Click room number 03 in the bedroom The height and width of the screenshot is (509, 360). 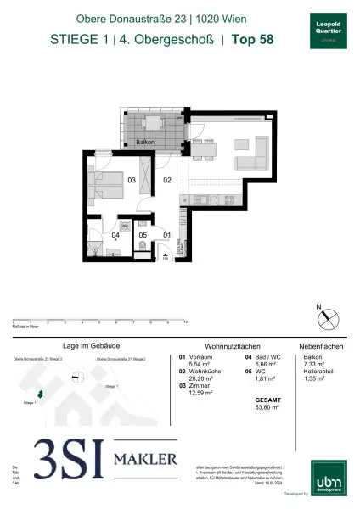click(132, 180)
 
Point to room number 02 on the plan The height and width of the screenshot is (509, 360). click(167, 180)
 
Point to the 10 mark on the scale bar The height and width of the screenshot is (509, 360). click(185, 322)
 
